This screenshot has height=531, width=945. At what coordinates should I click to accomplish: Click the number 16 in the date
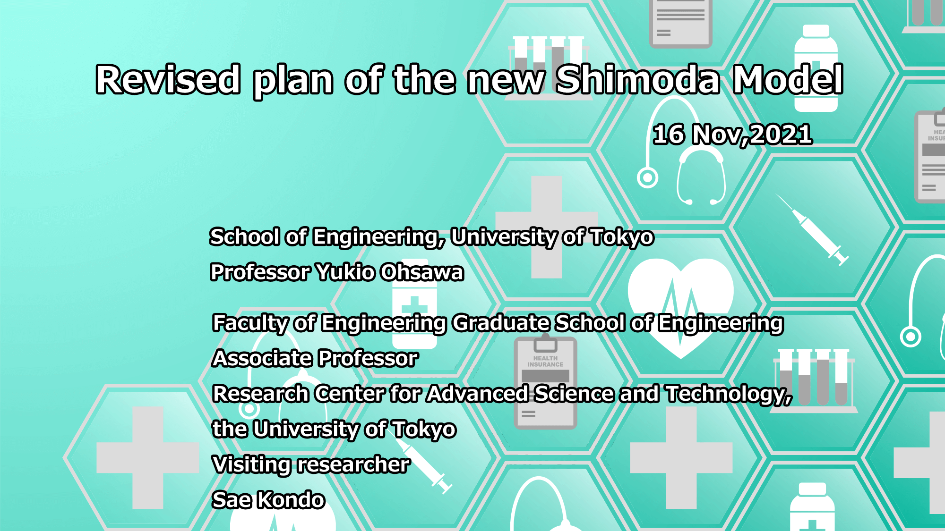[669, 135]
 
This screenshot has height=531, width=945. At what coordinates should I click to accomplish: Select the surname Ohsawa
[422, 272]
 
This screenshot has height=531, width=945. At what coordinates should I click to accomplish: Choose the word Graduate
[501, 323]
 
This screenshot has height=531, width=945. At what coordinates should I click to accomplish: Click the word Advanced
[478, 394]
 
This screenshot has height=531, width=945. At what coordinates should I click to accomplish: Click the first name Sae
[232, 500]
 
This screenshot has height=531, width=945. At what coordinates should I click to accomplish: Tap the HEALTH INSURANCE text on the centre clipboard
[545, 362]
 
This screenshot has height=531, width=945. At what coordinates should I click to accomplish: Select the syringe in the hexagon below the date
[812, 229]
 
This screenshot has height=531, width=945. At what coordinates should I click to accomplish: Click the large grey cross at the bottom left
[148, 458]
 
